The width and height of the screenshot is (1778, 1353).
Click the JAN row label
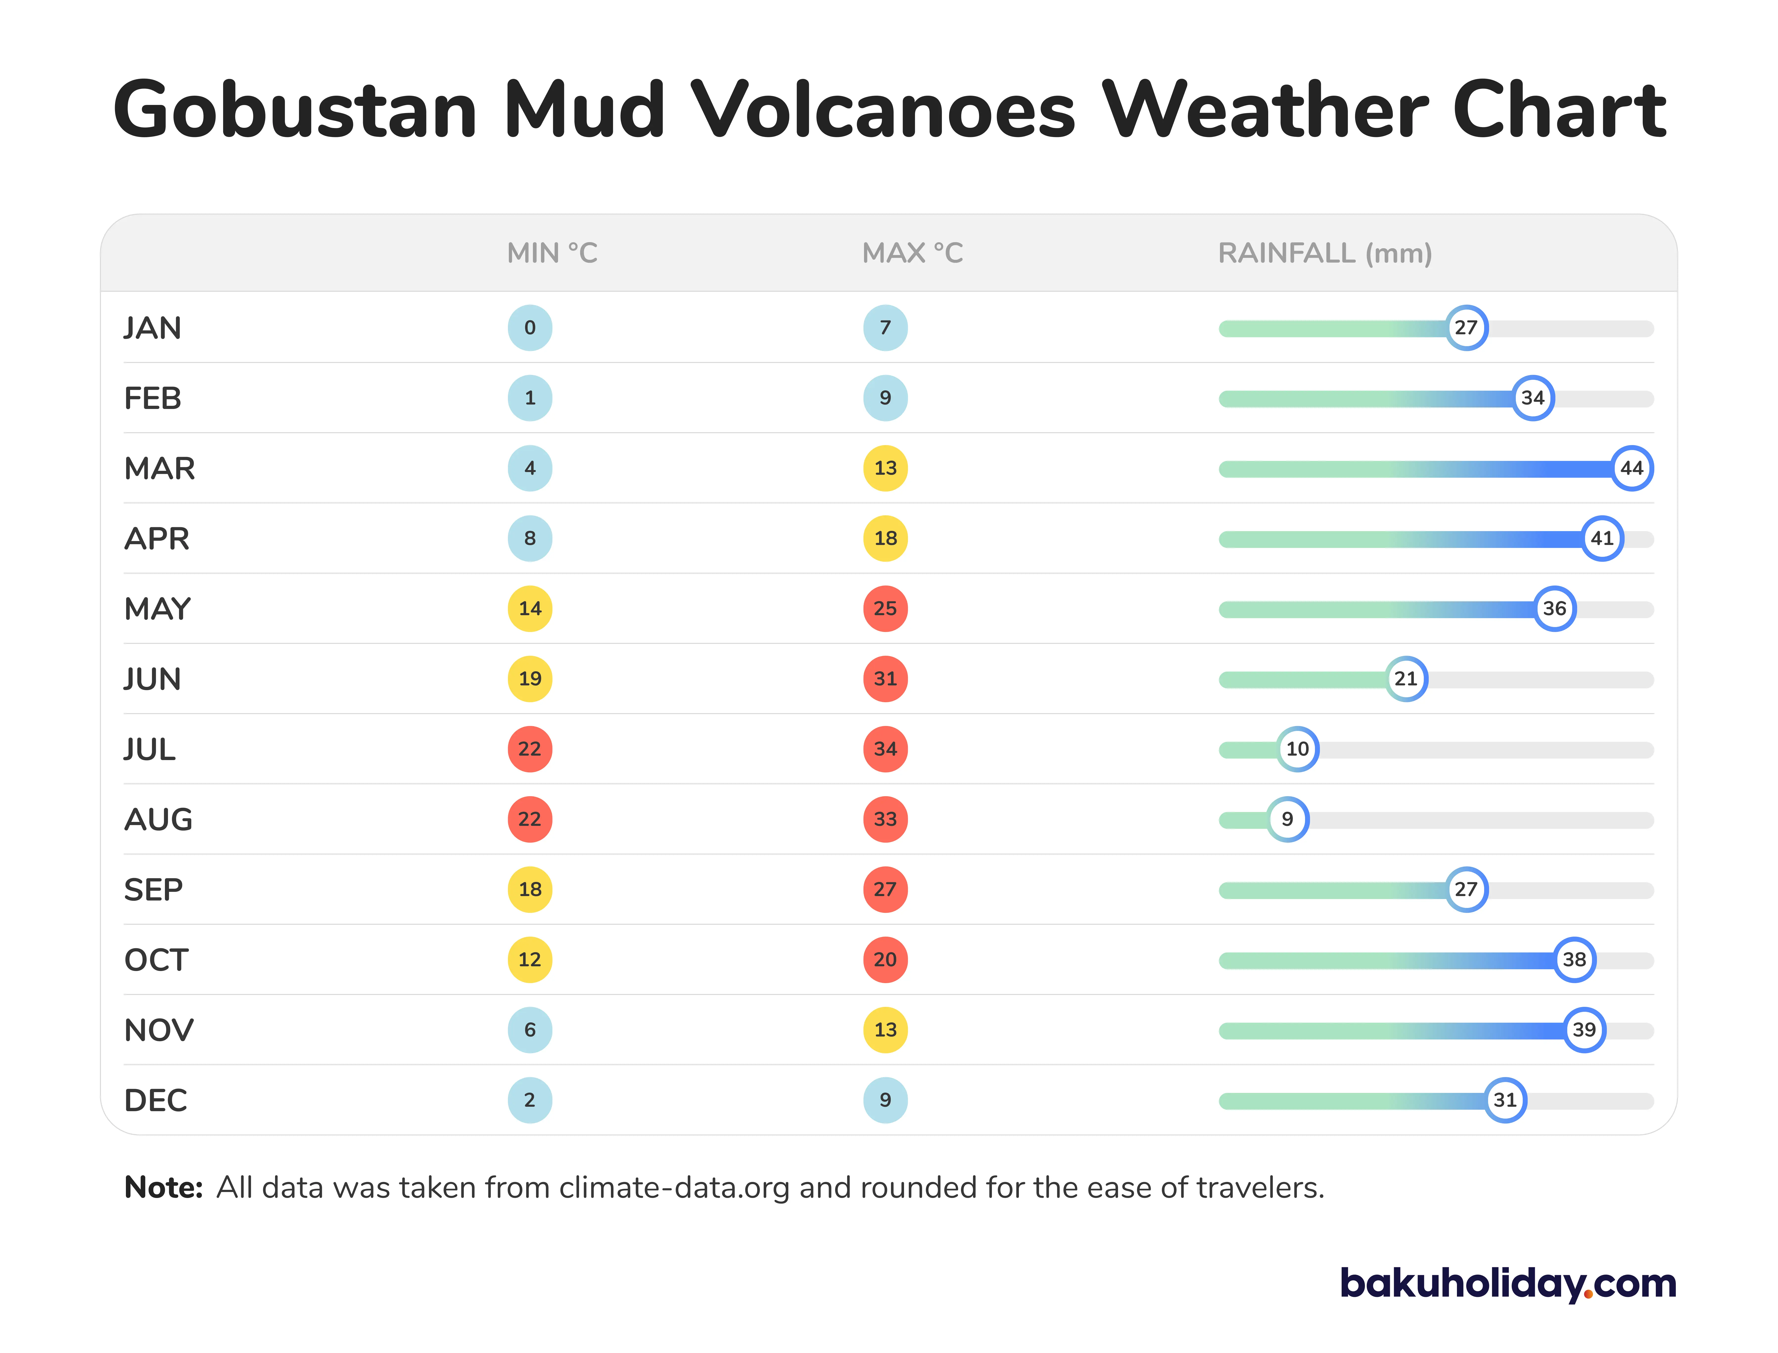click(x=152, y=328)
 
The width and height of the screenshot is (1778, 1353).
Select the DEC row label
click(x=156, y=1100)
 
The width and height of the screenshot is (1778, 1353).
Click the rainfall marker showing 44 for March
click(x=1631, y=468)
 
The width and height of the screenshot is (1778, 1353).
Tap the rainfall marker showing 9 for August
click(x=1287, y=819)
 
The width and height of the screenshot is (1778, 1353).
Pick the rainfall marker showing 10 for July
click(x=1297, y=749)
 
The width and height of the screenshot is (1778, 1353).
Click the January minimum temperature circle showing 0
click(x=529, y=328)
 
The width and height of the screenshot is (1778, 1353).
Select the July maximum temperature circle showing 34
click(x=885, y=749)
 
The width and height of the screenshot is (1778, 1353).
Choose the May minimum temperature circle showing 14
click(x=529, y=609)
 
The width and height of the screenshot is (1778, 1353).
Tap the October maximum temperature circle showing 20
click(x=885, y=960)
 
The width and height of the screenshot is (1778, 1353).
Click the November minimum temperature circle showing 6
click(x=529, y=1030)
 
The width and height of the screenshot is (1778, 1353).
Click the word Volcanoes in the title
click(x=882, y=110)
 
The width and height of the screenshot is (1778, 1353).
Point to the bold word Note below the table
click(x=163, y=1188)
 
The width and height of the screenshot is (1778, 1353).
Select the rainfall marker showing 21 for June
click(x=1406, y=679)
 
